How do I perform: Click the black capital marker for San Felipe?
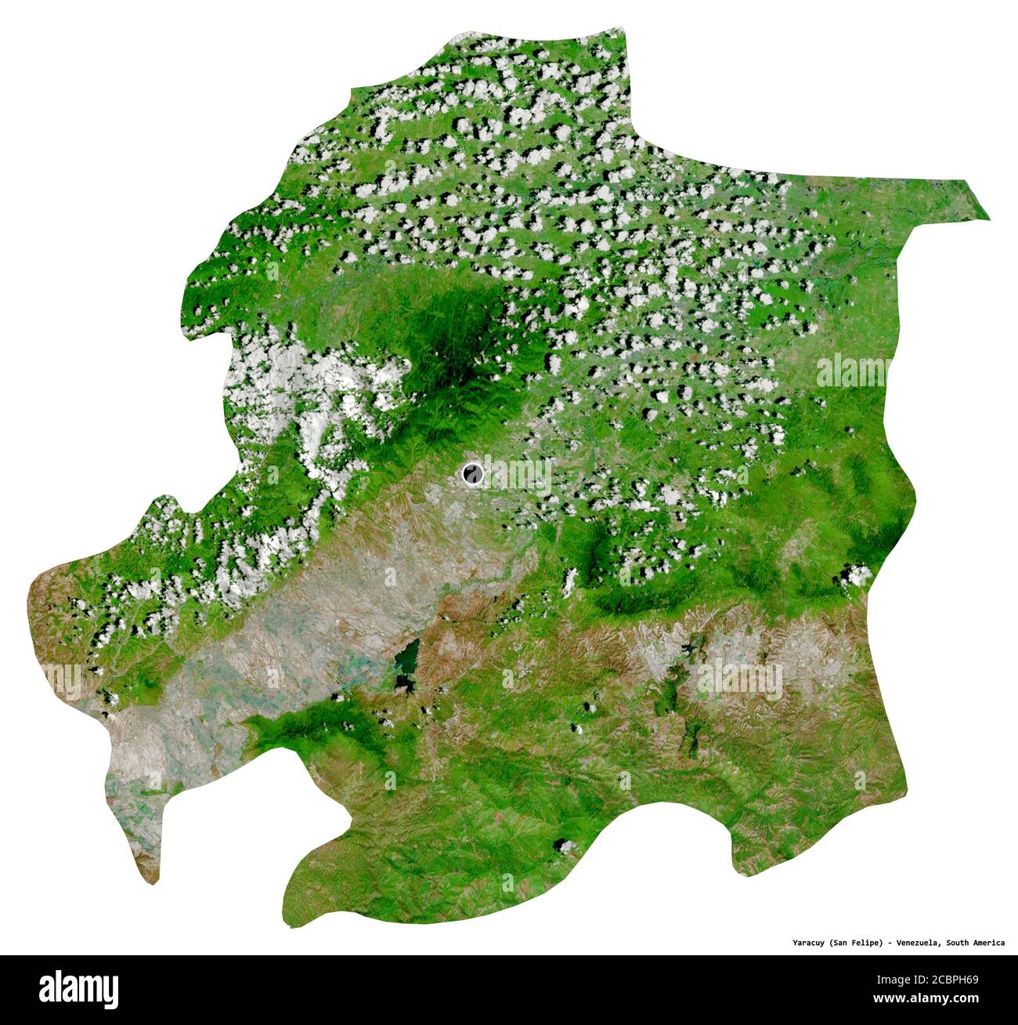(x=472, y=473)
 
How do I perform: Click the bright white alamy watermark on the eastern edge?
(x=854, y=371)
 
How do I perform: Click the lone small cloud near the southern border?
(x=562, y=846)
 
